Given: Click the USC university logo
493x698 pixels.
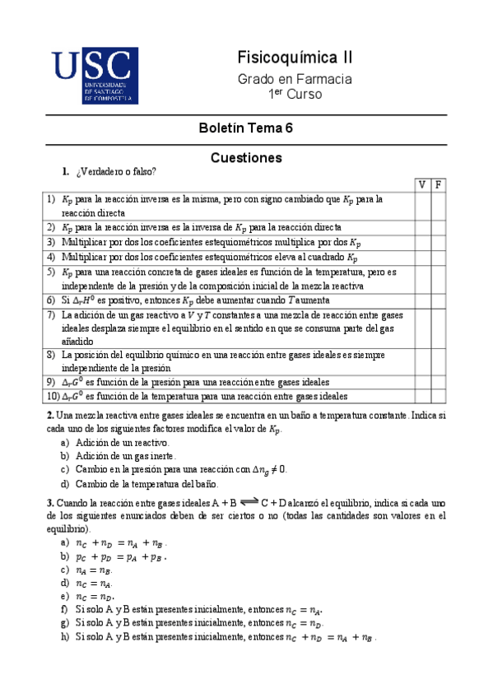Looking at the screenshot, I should coord(91,76).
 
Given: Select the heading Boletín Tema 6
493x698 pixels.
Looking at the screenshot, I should coord(245,128).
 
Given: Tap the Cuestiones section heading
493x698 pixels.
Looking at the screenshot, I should coord(246,156).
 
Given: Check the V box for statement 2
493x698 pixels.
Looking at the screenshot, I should coord(422,226).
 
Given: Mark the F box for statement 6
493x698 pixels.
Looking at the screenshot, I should coord(439,300).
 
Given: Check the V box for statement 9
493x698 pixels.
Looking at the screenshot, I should coord(422,381).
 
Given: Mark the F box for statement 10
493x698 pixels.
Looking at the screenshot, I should coord(439,395).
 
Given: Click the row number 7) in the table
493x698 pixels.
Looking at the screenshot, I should coord(52,314).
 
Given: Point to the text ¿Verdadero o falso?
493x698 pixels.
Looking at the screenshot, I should coord(114,171).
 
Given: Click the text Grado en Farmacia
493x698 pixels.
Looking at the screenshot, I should coord(295,79).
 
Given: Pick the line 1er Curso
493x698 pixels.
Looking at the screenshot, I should coord(295,94).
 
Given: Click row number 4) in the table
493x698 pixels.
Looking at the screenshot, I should coord(52,256).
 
